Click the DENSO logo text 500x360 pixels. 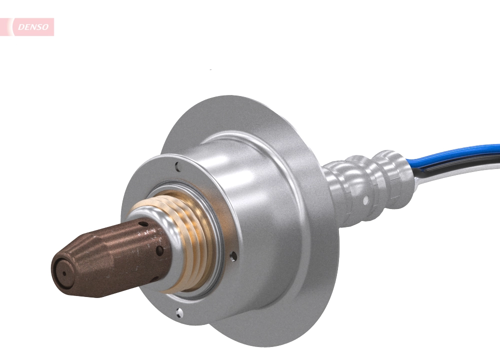pos(33,27)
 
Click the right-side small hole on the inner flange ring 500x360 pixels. pos(233,256)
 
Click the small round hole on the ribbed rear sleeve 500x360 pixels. pos(366,200)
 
